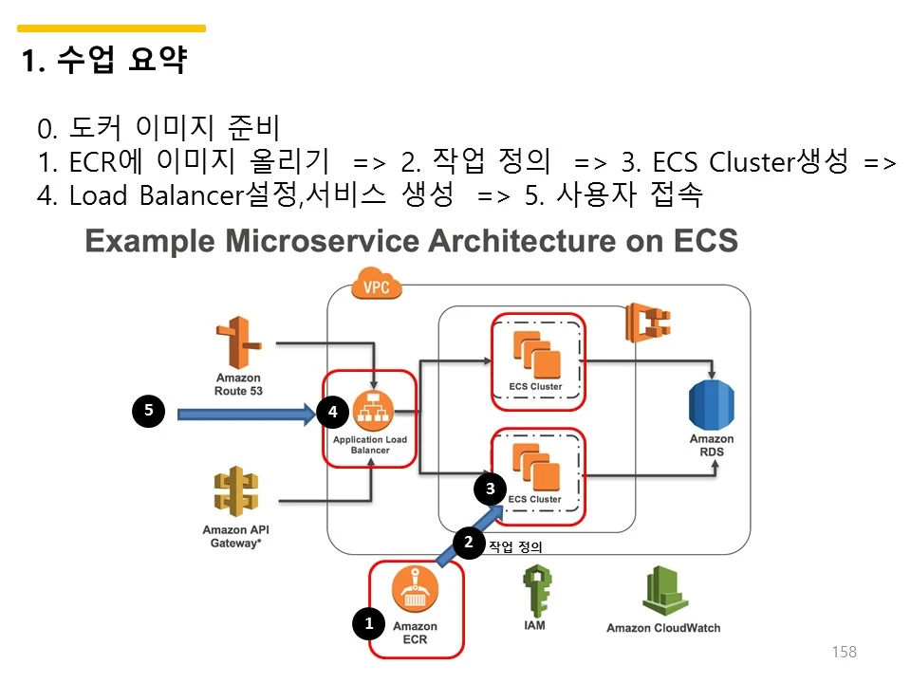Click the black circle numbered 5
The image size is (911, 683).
[148, 412]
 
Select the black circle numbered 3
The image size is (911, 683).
[491, 489]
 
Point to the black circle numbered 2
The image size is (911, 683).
[468, 543]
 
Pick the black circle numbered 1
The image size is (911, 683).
[369, 623]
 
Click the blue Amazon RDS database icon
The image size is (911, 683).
[711, 405]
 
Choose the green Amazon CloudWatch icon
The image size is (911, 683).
[662, 592]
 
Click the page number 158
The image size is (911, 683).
[844, 652]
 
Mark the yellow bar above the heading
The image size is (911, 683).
[111, 28]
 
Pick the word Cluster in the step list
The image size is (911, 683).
[751, 162]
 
